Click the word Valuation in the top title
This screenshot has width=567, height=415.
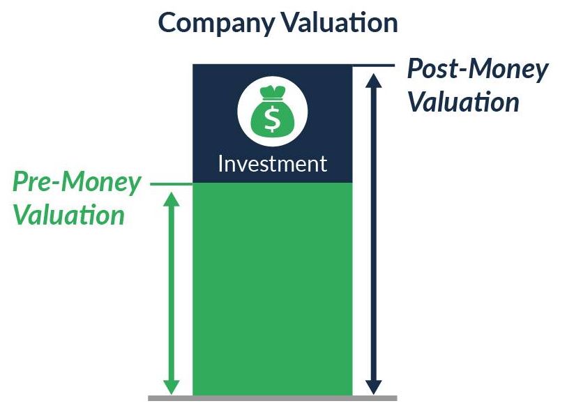tap(340, 22)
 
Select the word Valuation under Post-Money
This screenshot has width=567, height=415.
tap(464, 102)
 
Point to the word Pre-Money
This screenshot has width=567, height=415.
tap(76, 183)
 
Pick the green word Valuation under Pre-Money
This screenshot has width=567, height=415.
tap(69, 215)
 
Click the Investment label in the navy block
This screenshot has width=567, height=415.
tap(273, 163)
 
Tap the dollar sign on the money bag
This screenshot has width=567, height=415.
tap(272, 118)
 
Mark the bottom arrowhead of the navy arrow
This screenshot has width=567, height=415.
tap(374, 387)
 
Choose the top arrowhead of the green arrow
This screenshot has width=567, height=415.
tap(172, 199)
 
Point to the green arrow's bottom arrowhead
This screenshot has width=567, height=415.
tap(172, 387)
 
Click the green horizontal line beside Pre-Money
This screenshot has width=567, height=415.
tap(172, 184)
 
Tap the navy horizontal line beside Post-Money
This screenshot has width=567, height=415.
tap(374, 66)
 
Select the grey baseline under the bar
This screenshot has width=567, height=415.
tap(273, 398)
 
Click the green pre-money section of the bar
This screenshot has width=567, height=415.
tap(272, 289)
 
